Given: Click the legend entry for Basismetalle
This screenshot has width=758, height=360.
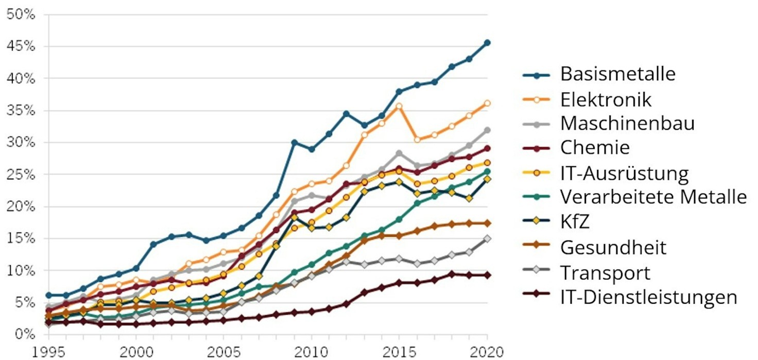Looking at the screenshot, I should [x=617, y=74].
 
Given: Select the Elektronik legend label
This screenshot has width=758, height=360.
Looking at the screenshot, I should [x=606, y=99].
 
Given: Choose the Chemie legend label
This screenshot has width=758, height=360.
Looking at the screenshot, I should [x=595, y=148].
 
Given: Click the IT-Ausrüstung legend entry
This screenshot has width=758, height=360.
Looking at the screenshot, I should [x=624, y=174].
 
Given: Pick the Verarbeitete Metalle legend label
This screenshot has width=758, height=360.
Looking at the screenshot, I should [x=653, y=198].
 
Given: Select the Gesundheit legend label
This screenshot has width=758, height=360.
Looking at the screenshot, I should [x=613, y=248].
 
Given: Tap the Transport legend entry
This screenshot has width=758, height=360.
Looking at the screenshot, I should [x=605, y=272].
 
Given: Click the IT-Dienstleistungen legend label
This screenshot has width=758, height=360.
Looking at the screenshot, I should [x=648, y=297].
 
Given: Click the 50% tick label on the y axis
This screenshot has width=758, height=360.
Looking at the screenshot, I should [x=21, y=14].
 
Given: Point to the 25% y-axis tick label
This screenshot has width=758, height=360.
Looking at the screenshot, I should [x=21, y=175].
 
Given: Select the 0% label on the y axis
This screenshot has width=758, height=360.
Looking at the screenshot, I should [x=25, y=334].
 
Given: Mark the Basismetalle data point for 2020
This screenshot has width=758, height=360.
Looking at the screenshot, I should [x=487, y=43].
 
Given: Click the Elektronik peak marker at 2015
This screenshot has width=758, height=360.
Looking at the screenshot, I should [x=399, y=106].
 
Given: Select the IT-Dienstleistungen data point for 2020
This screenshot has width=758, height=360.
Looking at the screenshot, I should [x=487, y=276].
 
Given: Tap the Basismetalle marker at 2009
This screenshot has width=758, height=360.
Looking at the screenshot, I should [x=294, y=143].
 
